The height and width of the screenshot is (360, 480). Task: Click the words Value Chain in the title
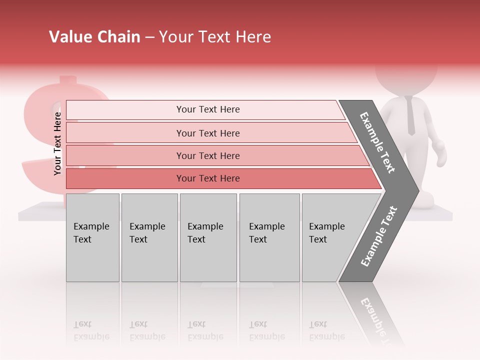point(94,37)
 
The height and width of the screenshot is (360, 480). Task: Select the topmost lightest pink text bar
point(207,109)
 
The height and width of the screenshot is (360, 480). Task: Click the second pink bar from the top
point(207,133)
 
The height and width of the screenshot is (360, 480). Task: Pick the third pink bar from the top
point(207,155)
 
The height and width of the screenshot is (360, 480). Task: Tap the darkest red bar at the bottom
point(207,178)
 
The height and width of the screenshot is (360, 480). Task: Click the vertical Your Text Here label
point(57,143)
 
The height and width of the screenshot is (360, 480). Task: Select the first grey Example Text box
point(92,237)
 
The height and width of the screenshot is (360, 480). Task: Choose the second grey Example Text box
point(149,237)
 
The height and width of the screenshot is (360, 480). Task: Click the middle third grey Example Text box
point(208,237)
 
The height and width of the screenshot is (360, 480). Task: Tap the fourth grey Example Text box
point(269,237)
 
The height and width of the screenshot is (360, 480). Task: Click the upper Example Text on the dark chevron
point(378,142)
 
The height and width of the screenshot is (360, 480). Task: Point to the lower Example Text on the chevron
point(379,236)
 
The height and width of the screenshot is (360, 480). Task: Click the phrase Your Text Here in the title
point(215,37)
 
